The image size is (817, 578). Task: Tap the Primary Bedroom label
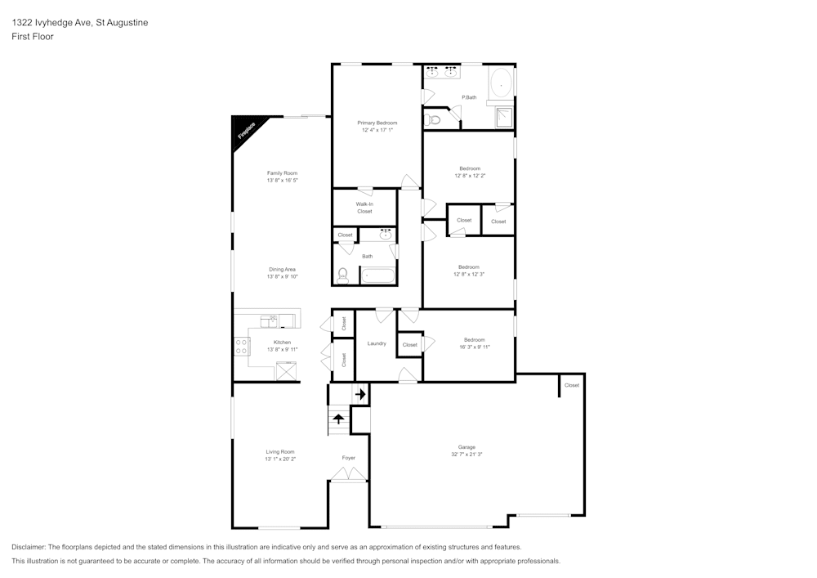click(377, 123)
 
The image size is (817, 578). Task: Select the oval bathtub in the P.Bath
click(500, 83)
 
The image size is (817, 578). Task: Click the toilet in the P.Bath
click(434, 120)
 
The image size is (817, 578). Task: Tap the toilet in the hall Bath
click(343, 276)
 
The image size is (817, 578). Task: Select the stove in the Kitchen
click(242, 346)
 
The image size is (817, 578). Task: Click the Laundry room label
click(377, 343)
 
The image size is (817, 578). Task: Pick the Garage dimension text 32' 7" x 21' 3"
click(467, 455)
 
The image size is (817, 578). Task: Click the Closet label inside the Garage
click(571, 385)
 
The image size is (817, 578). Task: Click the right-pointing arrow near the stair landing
click(359, 394)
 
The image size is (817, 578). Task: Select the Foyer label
click(349, 458)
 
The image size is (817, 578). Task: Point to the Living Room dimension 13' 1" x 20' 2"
click(279, 459)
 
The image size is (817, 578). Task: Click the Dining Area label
click(282, 269)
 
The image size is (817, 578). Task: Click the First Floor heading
click(32, 37)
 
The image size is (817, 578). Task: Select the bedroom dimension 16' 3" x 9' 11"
click(474, 347)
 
